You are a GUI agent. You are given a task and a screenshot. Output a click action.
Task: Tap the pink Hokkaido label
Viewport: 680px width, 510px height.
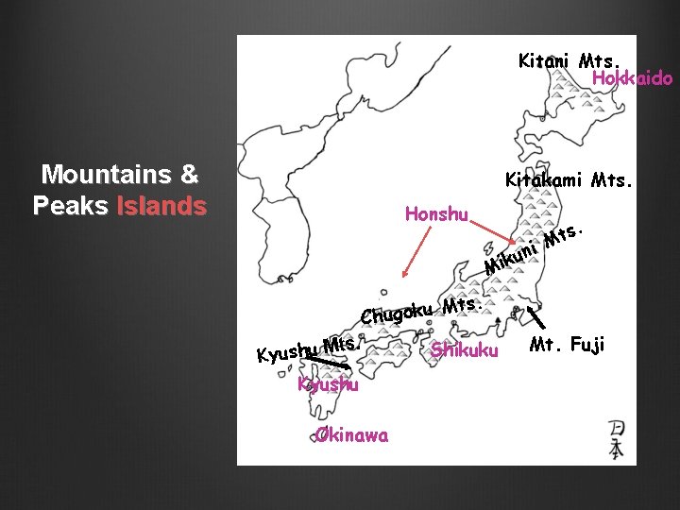pos(632,79)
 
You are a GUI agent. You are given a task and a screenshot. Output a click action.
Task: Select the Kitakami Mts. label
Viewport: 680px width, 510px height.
pos(567,179)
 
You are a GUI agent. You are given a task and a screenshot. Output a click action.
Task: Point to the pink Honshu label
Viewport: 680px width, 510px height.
pos(436,214)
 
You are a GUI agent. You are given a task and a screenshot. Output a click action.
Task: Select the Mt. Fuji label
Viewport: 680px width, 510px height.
pos(567,345)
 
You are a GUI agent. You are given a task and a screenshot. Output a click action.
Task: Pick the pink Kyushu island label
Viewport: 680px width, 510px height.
pos(328,385)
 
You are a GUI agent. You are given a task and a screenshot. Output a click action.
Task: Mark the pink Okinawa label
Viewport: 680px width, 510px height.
pos(348,435)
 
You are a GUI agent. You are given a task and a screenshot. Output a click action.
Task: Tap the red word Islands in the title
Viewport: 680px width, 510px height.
pos(161,206)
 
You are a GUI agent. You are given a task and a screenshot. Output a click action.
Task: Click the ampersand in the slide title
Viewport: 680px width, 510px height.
pos(189,175)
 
